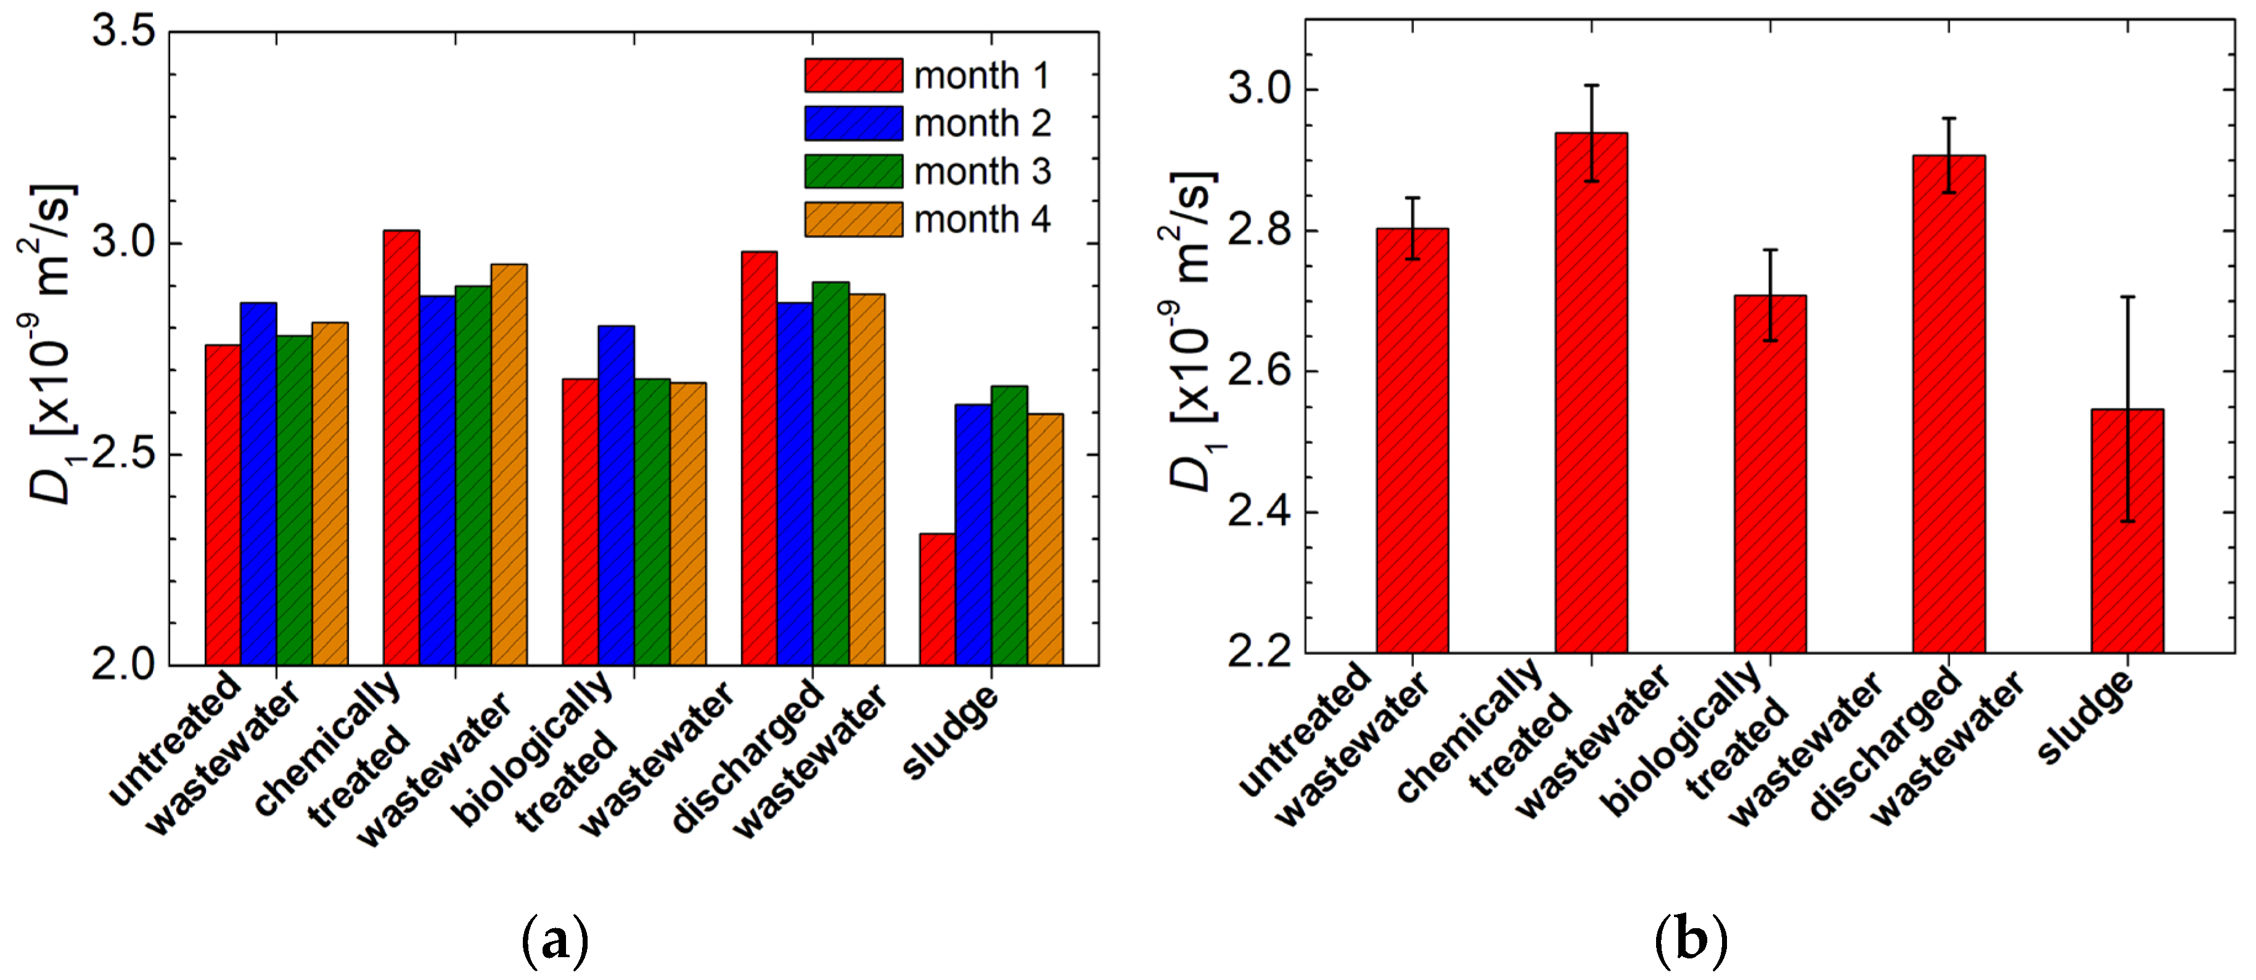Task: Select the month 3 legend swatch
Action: (853, 171)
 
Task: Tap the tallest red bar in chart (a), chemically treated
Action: (401, 447)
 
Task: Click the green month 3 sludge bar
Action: (1009, 525)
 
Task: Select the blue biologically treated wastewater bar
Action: (616, 495)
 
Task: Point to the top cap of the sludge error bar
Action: (2127, 297)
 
